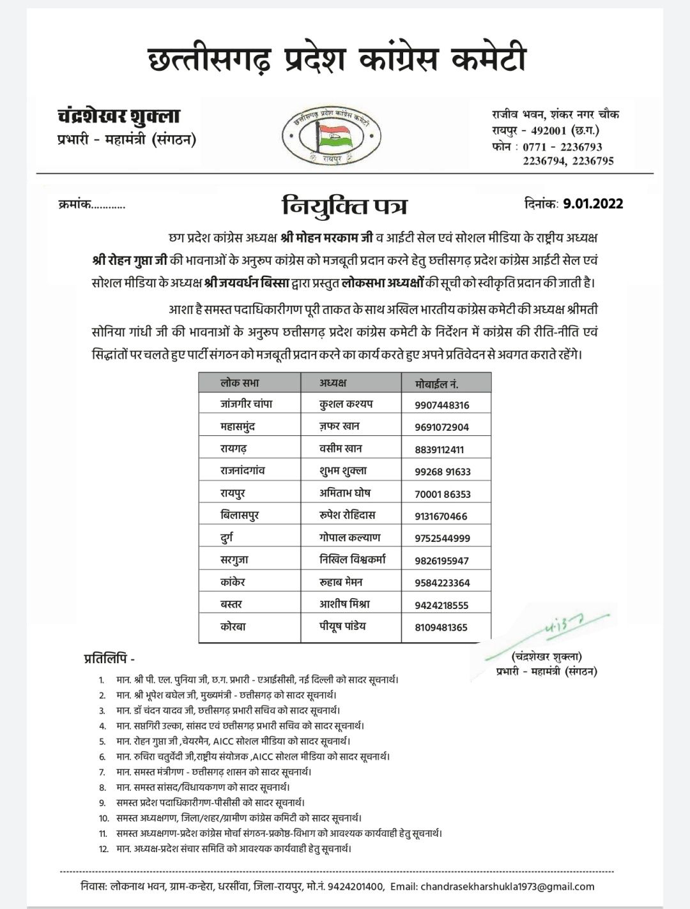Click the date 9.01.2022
pos(593,204)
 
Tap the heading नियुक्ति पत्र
pos(344,207)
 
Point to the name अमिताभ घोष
pos(345,493)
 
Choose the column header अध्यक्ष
pos(333,383)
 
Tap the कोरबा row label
pos(233,626)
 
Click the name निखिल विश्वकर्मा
pos(353,560)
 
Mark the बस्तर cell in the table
pos(232,604)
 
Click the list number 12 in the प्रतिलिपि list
pos(102,848)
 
